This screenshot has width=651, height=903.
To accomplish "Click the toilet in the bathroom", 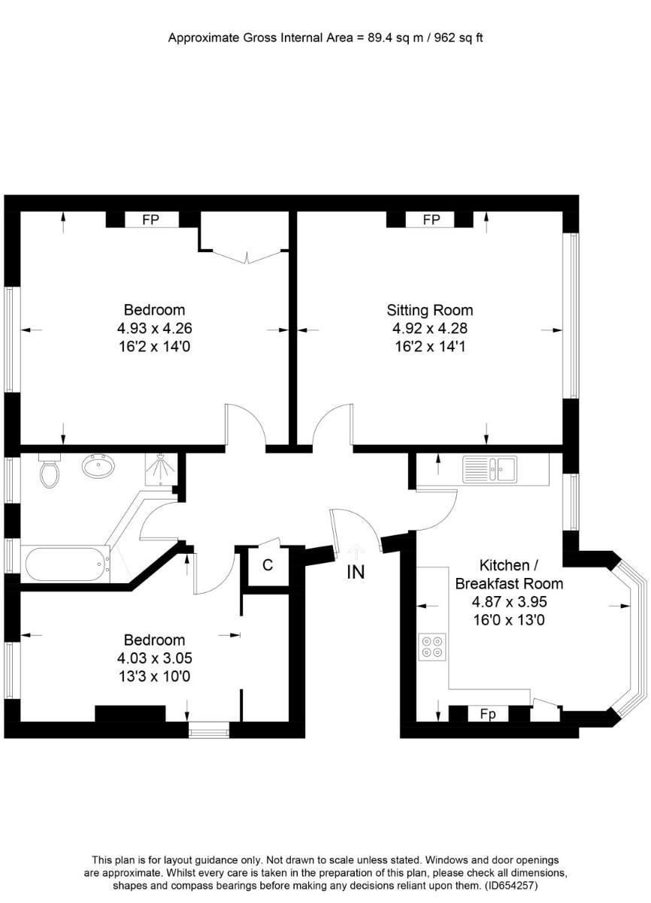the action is (x=50, y=470).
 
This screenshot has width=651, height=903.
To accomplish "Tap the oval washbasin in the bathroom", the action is (x=98, y=466).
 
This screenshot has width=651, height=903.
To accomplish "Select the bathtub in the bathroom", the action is (x=66, y=564).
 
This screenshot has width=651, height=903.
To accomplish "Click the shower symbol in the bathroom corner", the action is (x=161, y=469).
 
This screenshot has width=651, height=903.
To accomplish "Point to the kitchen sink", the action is (x=489, y=468).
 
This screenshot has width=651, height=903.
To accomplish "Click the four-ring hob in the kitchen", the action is (x=432, y=647).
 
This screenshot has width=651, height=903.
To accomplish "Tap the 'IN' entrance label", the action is (x=356, y=572).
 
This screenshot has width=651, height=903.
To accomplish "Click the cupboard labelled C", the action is (x=268, y=566).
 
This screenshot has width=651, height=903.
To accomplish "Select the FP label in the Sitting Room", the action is (x=431, y=220).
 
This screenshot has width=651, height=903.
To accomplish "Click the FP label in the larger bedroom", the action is (x=150, y=220).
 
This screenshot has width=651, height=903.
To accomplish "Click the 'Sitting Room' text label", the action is (x=430, y=310).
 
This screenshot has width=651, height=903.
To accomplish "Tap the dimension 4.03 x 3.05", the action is (x=155, y=658).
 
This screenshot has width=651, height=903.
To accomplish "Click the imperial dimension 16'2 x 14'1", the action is (x=430, y=347).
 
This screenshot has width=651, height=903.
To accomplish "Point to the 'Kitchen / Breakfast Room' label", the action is (x=509, y=574).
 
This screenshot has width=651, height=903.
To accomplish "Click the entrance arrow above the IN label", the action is (x=356, y=552).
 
